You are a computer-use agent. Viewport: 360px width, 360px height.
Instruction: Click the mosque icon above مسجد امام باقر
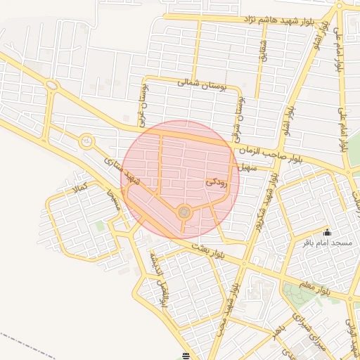coord(326,233)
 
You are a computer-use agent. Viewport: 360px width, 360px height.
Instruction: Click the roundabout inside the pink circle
coord(184,212)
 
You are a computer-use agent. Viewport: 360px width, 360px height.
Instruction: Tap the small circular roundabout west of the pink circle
coord(86,141)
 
